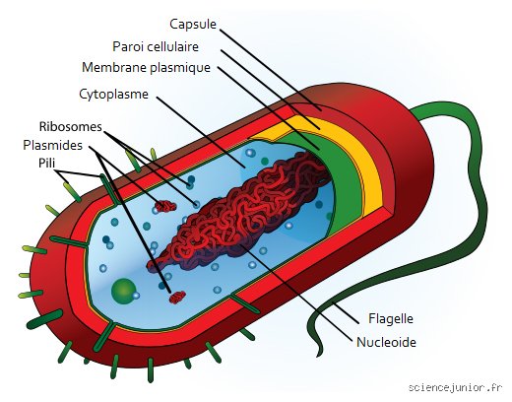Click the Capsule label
tap(193, 25)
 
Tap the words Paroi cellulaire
tap(156, 46)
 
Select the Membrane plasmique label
tap(146, 68)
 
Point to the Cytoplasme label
tap(113, 95)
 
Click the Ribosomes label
tap(71, 127)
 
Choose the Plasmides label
tap(52, 145)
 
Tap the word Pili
tap(47, 163)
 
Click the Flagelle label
tap(391, 318)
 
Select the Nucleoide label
tap(386, 342)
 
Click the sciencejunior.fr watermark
tap(455, 387)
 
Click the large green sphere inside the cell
tap(124, 291)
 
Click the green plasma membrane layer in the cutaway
tap(342, 184)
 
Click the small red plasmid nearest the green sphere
tap(177, 298)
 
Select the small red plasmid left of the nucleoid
tap(165, 206)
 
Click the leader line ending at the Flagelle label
tap(346, 312)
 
